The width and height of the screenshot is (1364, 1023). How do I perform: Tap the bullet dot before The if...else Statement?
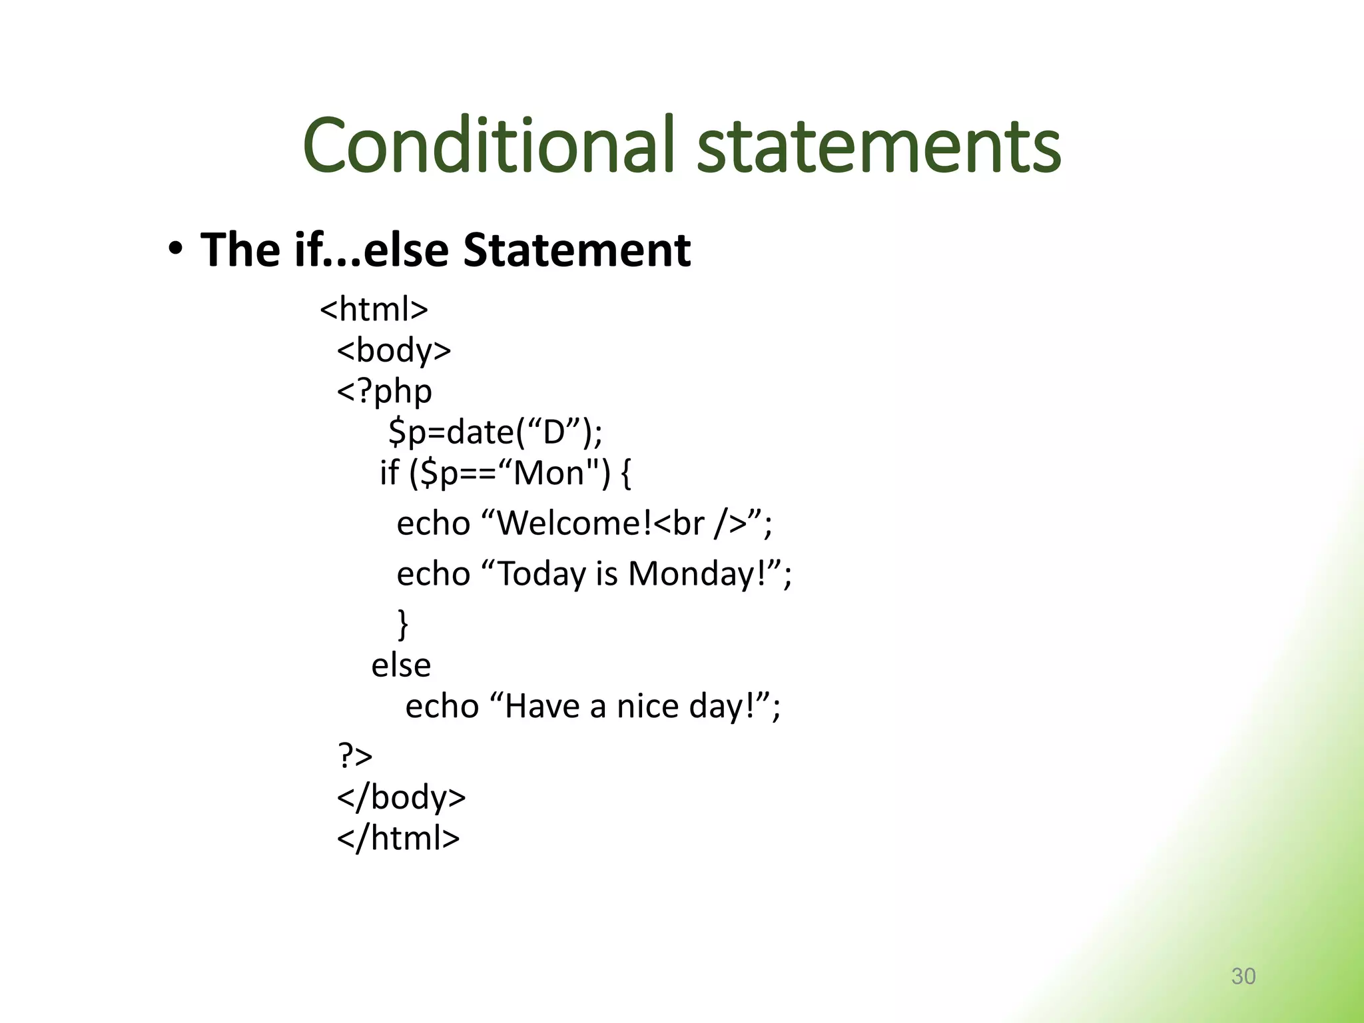[x=174, y=250]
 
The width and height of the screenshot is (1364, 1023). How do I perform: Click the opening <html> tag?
[x=374, y=309]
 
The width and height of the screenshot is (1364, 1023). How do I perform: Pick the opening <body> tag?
[x=394, y=350]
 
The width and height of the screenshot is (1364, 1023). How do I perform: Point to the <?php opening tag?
[x=384, y=392]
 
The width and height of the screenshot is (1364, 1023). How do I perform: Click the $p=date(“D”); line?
[x=496, y=432]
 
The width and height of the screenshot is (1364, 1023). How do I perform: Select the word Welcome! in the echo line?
[x=574, y=523]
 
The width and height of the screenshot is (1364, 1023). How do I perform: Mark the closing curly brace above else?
[x=402, y=624]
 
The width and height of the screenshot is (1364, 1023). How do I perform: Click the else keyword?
[x=401, y=665]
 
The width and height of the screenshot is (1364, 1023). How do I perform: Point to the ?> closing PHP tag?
[x=355, y=756]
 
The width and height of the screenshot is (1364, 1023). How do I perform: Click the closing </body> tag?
[x=402, y=797]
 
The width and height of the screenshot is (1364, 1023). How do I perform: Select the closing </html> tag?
[x=398, y=839]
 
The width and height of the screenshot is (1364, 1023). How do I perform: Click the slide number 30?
[x=1243, y=976]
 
